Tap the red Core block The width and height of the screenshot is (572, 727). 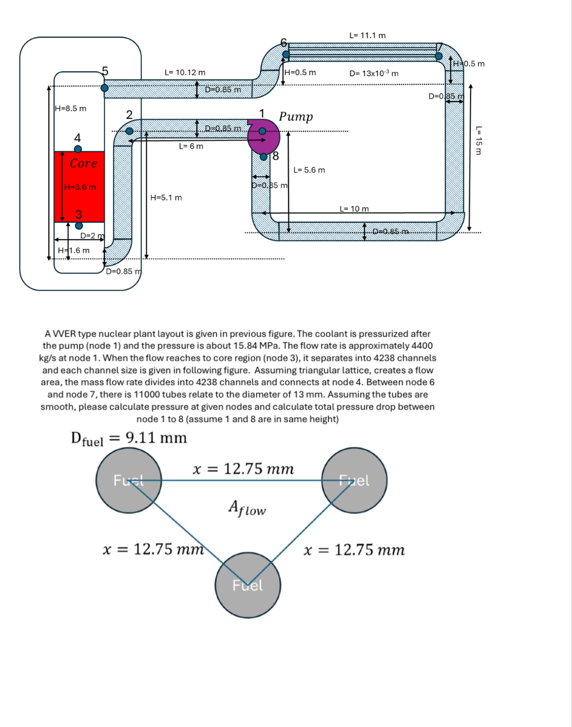tap(79, 187)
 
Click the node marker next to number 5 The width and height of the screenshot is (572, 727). tap(104, 88)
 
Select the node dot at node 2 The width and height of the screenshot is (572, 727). tap(130, 131)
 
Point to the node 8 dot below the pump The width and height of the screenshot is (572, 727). tap(264, 157)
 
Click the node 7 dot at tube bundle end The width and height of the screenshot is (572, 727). tap(439, 56)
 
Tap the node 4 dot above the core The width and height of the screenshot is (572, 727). tap(78, 149)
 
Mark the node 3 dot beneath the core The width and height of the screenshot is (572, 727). tap(79, 226)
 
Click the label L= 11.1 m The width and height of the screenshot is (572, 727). tap(367, 35)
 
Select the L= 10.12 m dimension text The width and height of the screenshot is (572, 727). tap(185, 72)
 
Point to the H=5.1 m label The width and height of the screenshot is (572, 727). tap(166, 198)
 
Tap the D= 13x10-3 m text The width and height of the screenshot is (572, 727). tap(374, 73)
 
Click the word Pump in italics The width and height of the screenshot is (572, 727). tap(296, 116)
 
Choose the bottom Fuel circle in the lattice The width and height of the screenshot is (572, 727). tap(248, 585)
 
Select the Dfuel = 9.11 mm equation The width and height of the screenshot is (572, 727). tap(129, 438)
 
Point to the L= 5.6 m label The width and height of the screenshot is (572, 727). tap(309, 170)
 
